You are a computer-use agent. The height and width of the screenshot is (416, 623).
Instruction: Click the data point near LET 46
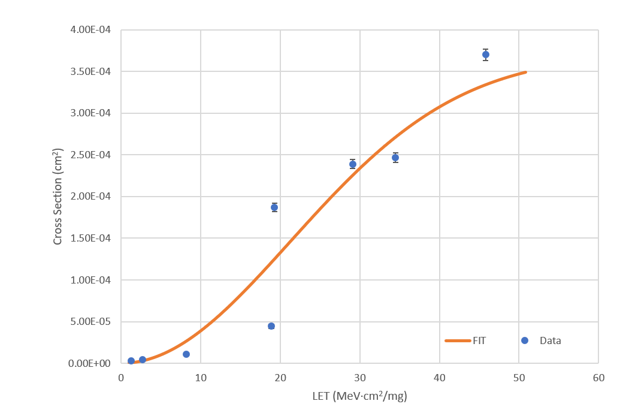(485, 55)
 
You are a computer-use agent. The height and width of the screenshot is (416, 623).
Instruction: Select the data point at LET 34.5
(395, 158)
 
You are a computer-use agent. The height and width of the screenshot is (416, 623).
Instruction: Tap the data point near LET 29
(353, 164)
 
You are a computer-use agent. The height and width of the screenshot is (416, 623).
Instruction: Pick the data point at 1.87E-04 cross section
(274, 207)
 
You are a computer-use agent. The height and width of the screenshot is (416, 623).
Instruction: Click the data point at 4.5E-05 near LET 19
(271, 325)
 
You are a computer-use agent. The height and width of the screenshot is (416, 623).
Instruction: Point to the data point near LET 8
(186, 354)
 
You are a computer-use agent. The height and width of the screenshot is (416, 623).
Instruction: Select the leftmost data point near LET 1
(131, 361)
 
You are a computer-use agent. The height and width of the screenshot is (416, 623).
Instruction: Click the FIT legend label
(479, 340)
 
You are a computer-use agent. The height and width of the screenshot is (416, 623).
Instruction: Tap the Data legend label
(550, 340)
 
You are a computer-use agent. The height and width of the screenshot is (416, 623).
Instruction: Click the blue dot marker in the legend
(525, 340)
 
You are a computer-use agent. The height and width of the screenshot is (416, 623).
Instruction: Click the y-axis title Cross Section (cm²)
(58, 196)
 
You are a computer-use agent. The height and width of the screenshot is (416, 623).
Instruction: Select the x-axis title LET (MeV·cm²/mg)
(359, 396)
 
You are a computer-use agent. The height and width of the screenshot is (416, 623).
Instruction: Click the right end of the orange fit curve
(525, 73)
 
